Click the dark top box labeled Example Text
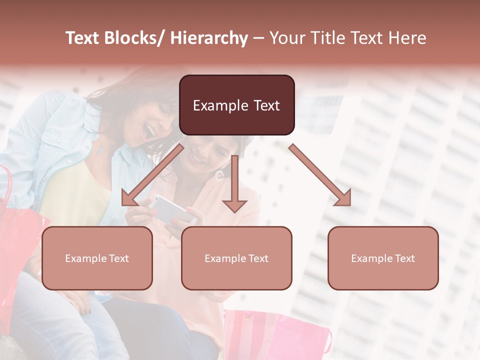(236, 105)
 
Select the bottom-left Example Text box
(97, 258)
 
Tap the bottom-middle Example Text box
(236, 258)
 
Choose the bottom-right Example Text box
(383, 258)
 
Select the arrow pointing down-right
(320, 175)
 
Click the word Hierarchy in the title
(209, 38)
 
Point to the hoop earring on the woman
(219, 175)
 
